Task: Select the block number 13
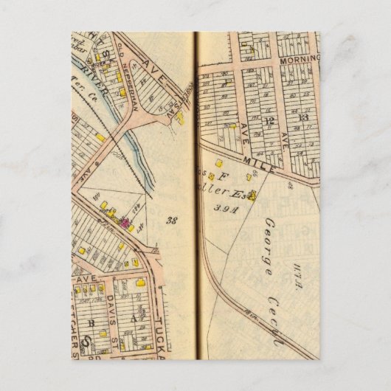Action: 302,117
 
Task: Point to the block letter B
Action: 91,322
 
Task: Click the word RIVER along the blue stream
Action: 111,93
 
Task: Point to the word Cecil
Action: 276,325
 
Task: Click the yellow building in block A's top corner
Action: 141,281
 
